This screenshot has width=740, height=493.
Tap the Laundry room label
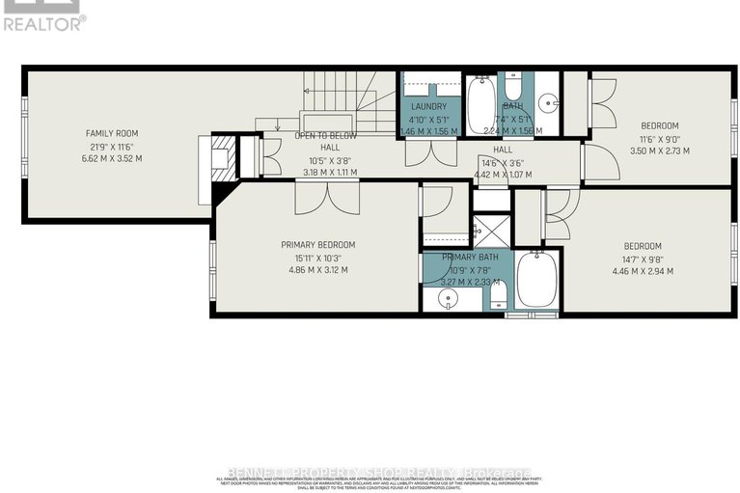point(427,106)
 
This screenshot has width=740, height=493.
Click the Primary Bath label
point(470,258)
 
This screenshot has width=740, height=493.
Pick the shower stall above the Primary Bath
point(490,233)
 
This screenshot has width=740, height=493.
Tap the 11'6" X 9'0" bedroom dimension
point(660,139)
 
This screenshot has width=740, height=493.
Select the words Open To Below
point(327,136)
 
